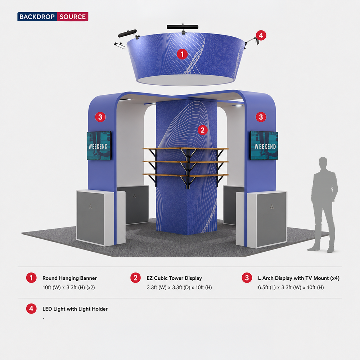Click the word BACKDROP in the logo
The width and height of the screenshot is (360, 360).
[x=37, y=17]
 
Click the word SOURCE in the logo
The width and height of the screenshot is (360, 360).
[x=73, y=17]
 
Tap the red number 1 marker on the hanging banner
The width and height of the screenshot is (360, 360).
[x=182, y=54]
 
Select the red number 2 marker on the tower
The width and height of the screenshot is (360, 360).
[x=202, y=130]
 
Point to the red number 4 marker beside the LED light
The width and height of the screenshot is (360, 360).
[x=261, y=36]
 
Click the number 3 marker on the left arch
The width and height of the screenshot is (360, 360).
[x=100, y=117]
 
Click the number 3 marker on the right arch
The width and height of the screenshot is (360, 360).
[x=261, y=117]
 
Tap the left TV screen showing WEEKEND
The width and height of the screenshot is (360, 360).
[x=99, y=145]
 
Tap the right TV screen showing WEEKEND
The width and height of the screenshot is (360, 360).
[x=264, y=145]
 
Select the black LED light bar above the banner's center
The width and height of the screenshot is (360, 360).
[x=183, y=27]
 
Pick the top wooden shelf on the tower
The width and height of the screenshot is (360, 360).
[x=185, y=149]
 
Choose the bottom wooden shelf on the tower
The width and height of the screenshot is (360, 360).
[x=185, y=175]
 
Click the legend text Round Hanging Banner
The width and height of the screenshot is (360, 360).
[x=69, y=278]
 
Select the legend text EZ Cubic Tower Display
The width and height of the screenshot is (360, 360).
[x=174, y=278]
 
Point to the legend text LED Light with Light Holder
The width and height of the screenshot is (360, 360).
[x=75, y=309]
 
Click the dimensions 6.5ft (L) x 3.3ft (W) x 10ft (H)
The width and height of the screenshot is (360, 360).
[x=291, y=287]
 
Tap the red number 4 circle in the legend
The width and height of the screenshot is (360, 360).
[x=31, y=309]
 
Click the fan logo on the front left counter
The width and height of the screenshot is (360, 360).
[x=90, y=206]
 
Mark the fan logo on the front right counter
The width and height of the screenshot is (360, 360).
[x=272, y=207]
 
